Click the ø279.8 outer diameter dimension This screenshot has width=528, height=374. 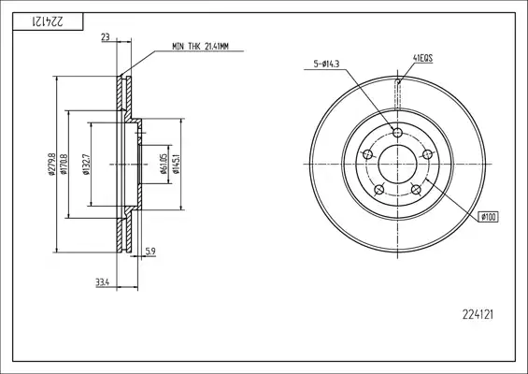click(x=51, y=164)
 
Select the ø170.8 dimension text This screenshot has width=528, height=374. click(x=64, y=164)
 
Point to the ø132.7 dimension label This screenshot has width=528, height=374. click(x=86, y=164)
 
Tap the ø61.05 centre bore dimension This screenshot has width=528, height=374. click(x=164, y=164)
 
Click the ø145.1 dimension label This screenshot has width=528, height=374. click(x=177, y=164)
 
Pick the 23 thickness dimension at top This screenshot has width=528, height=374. click(x=106, y=37)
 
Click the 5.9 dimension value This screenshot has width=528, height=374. click(x=150, y=251)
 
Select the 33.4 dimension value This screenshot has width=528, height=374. click(x=103, y=282)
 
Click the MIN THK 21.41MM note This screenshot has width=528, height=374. click(x=200, y=46)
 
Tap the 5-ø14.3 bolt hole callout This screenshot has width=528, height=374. click(x=326, y=64)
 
